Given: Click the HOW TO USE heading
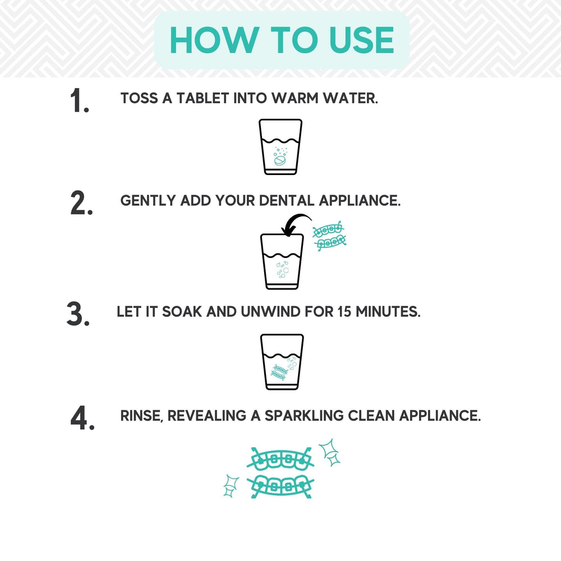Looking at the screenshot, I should (282, 40).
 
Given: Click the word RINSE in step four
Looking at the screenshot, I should (141, 416).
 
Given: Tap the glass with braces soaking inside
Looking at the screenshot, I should (282, 362).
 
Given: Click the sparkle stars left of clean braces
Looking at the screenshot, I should (231, 485).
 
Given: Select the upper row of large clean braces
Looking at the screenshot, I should (280, 459).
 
